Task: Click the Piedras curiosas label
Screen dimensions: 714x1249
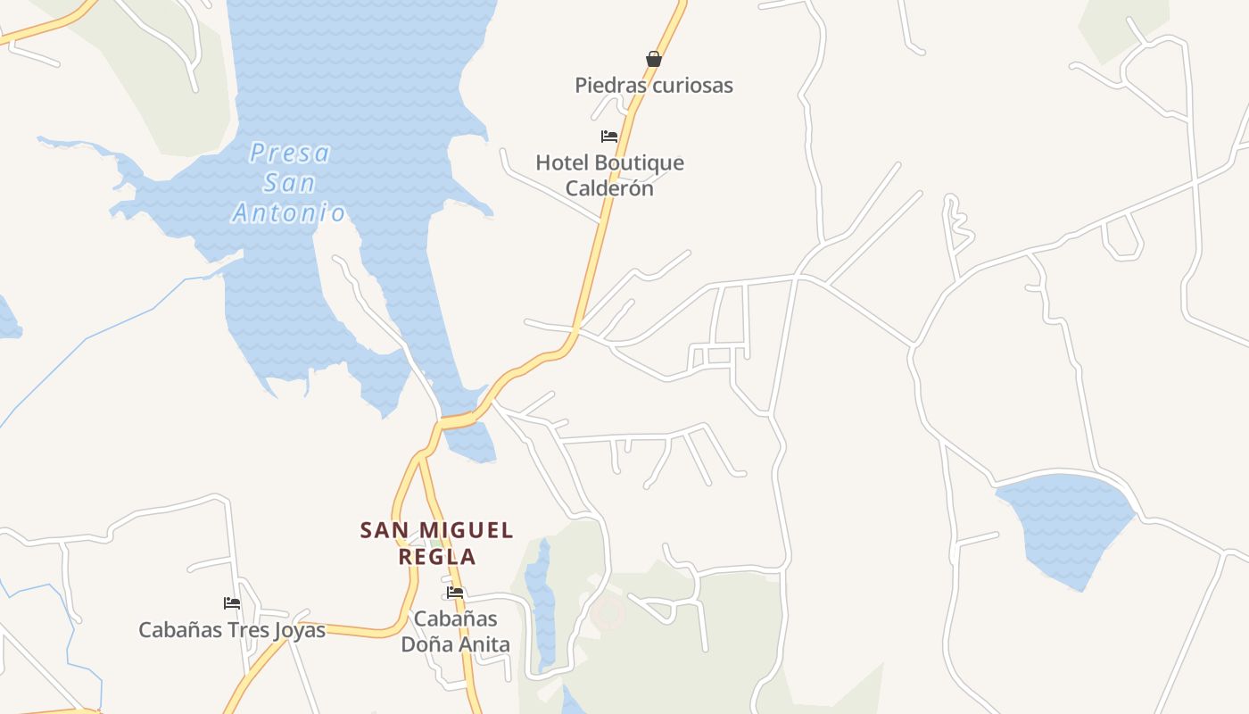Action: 653,86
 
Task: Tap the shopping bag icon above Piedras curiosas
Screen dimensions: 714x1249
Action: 653,59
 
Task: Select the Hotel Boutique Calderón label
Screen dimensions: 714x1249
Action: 609,175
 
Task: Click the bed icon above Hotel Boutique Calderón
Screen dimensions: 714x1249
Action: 609,137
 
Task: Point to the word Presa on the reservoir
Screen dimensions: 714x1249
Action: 290,154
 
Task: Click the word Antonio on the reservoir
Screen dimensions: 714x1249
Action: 289,212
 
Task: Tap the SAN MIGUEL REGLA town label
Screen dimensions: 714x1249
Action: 437,543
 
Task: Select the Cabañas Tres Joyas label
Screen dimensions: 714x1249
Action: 232,630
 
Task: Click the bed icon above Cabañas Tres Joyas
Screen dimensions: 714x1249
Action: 232,603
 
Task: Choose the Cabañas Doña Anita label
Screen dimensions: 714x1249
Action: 455,631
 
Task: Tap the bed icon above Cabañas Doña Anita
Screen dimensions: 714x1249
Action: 455,593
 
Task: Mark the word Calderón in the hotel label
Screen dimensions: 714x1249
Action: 609,188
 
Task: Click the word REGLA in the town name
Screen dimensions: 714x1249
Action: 437,557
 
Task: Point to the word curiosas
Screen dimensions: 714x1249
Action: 691,86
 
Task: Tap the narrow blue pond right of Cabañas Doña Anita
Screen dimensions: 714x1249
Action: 539,589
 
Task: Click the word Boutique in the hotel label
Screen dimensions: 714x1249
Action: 639,163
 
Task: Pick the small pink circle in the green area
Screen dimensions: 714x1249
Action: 608,613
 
